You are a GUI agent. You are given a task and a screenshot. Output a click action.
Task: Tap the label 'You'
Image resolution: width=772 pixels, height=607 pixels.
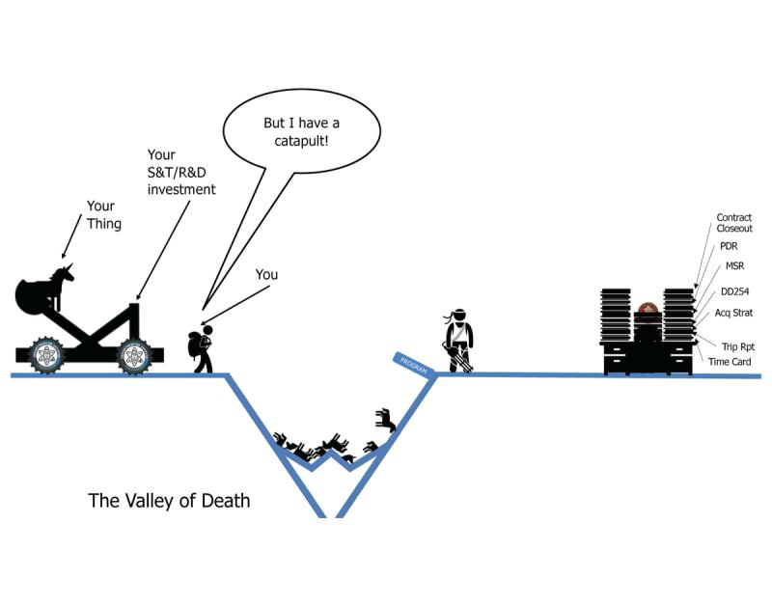click(266, 275)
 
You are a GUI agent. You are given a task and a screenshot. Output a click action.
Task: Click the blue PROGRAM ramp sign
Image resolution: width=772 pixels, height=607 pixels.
click(412, 361)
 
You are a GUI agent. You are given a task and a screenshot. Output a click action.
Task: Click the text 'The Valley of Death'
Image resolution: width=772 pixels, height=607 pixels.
click(169, 500)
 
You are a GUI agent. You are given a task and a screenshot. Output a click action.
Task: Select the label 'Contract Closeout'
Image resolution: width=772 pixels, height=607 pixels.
click(733, 223)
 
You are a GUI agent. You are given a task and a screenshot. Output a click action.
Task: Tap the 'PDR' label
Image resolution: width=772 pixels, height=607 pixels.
click(728, 247)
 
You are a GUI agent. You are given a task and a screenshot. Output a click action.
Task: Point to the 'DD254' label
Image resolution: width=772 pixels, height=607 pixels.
click(735, 290)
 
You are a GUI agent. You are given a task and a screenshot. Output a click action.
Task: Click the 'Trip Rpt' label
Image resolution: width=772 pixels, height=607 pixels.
click(736, 345)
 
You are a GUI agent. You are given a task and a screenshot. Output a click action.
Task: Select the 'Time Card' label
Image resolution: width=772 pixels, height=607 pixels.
click(730, 362)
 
